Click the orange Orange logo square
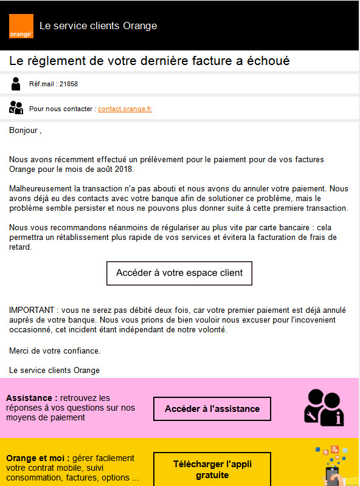click(21, 26)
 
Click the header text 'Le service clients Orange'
click(98, 26)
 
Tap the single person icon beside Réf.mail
click(16, 84)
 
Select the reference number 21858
click(69, 84)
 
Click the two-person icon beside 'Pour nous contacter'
click(16, 108)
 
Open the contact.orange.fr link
click(125, 109)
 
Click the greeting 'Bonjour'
click(24, 130)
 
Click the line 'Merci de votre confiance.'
click(55, 351)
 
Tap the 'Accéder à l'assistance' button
click(212, 409)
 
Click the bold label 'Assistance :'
click(32, 398)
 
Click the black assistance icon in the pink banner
click(324, 406)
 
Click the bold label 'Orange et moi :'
click(36, 458)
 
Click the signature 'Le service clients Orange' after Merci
click(54, 370)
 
